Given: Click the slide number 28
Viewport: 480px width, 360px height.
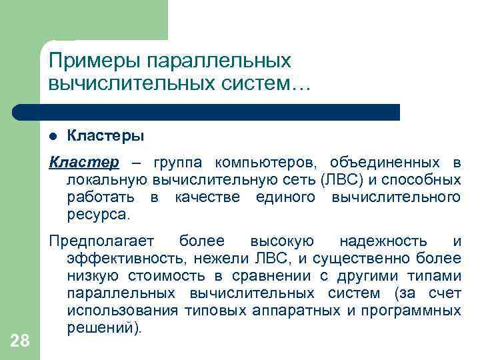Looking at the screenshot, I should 20,341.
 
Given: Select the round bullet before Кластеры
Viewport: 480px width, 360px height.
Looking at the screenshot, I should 55,136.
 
